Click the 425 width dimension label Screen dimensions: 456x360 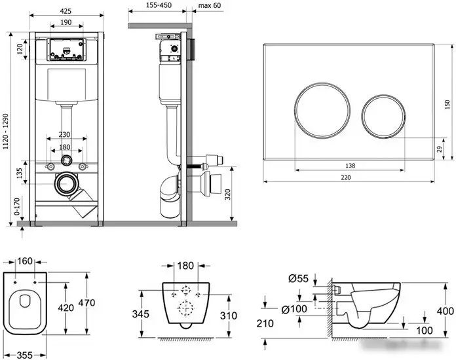[x=66, y=11]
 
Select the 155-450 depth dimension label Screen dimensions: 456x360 [x=159, y=5]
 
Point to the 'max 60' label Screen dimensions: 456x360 [x=210, y=5]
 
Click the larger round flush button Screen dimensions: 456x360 [x=322, y=110]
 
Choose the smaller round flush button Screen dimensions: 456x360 [x=383, y=116]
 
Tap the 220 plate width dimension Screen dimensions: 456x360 [x=346, y=177]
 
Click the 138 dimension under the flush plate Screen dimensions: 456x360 [x=350, y=166]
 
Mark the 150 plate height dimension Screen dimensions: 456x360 [x=447, y=104]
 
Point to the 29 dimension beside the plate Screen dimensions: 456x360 [x=440, y=149]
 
